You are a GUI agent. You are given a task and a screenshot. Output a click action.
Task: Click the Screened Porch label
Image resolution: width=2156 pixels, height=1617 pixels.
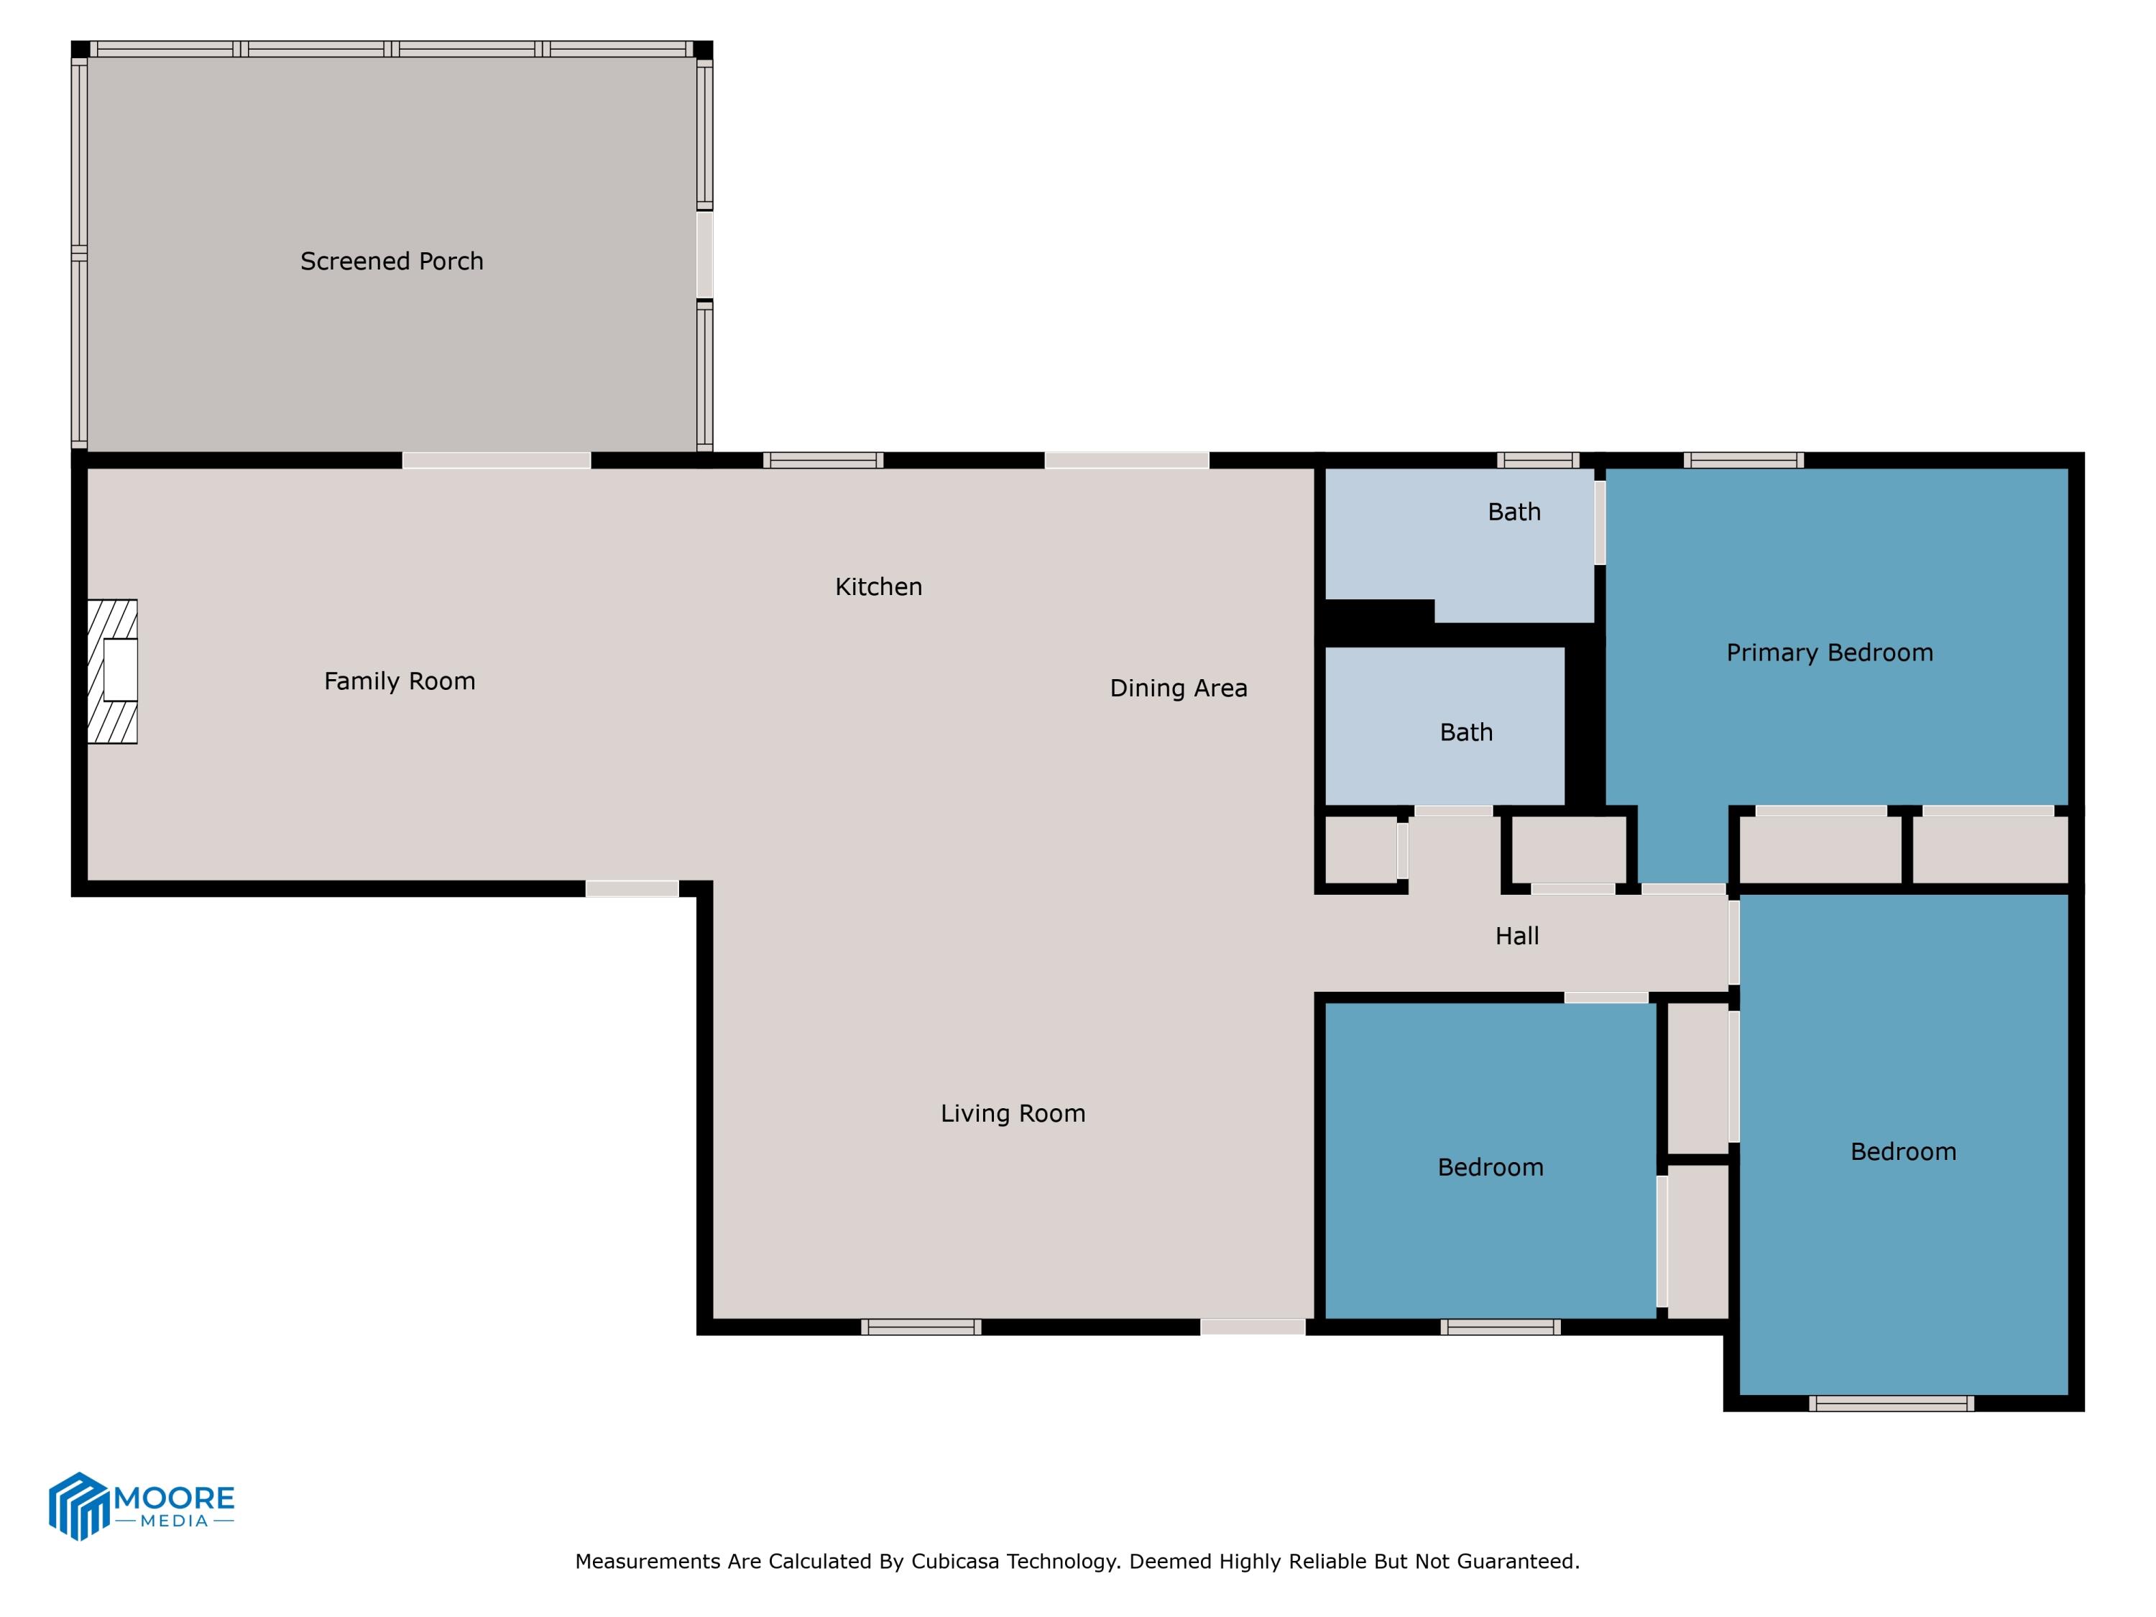pos(391,261)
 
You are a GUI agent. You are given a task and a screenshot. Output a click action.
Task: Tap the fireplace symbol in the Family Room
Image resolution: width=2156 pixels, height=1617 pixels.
pos(113,671)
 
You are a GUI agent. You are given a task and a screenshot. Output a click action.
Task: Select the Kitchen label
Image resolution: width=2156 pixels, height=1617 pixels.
pos(878,586)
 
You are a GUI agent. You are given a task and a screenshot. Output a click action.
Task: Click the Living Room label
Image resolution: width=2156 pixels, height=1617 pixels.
pos(1012,1113)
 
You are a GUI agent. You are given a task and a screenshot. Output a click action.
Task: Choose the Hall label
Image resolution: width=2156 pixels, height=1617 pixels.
pos(1516,936)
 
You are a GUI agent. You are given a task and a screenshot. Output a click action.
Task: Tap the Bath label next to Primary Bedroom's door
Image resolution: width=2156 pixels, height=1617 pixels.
pos(1514,512)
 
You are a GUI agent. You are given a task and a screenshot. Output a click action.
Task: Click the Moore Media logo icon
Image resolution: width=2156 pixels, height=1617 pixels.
pos(78,1506)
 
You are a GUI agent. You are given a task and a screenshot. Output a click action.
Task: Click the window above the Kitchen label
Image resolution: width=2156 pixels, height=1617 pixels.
pos(823,460)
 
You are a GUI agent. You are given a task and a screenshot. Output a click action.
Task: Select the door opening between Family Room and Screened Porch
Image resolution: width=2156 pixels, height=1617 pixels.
pos(496,460)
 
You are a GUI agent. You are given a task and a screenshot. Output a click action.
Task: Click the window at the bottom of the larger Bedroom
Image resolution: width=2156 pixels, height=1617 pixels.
pos(1891,1404)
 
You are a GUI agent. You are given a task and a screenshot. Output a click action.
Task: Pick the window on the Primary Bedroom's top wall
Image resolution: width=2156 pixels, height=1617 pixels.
pos(1743,460)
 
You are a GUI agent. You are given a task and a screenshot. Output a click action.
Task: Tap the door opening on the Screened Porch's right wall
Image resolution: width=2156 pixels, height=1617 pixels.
pos(704,254)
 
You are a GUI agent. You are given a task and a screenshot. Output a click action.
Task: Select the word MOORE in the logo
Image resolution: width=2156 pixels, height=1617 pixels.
pos(175,1497)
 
